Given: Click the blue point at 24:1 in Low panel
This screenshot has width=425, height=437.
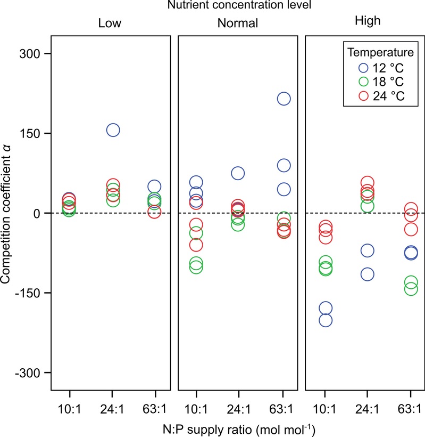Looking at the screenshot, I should [113, 130].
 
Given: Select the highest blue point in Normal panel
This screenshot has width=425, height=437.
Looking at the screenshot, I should [284, 99].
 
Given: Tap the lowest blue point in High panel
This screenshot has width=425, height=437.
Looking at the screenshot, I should [326, 320].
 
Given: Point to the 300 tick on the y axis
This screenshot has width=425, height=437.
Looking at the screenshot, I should [34, 54].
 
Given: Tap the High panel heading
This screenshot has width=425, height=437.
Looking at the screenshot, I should [366, 22].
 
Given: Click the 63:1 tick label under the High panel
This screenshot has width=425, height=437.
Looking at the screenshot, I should [411, 408].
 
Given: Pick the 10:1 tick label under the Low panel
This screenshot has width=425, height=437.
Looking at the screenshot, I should [69, 408].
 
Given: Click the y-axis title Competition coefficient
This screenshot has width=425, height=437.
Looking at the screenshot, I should [11, 213].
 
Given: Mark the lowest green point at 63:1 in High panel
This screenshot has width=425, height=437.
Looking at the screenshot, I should [411, 289].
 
